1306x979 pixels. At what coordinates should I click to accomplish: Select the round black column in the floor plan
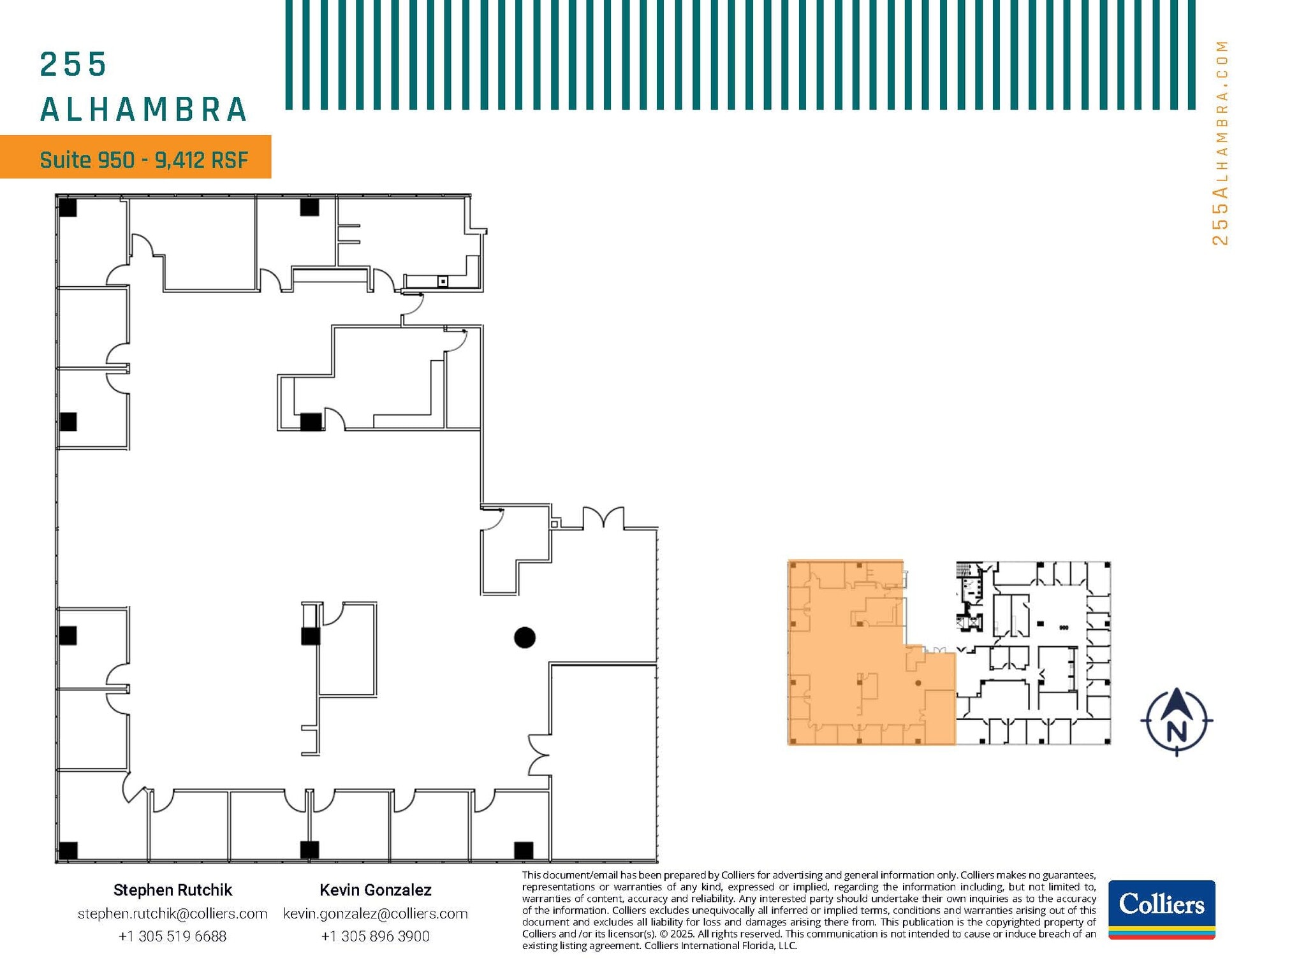point(524,637)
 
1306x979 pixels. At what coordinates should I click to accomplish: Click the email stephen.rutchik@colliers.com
point(172,913)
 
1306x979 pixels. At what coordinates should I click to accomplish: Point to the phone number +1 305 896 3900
point(375,936)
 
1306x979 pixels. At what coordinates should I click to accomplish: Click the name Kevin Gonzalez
point(375,890)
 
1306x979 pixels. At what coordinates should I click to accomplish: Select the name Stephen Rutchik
point(172,890)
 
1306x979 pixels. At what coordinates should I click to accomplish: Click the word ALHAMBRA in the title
point(144,110)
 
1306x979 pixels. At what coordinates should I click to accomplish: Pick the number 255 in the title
point(73,65)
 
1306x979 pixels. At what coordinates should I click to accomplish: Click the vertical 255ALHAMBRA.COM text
point(1220,143)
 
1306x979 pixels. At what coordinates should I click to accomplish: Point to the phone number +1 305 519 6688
point(172,936)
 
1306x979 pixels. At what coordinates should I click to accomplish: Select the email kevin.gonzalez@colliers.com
point(375,913)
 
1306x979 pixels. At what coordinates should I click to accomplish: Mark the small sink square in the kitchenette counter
point(443,281)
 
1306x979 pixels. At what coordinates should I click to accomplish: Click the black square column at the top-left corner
point(68,208)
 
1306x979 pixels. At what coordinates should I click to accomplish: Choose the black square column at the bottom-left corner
point(68,850)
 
